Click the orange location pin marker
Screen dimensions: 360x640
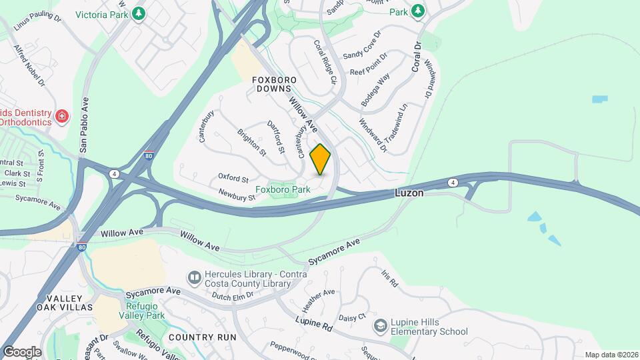(x=321, y=159)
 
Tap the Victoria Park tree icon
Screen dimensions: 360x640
(x=138, y=13)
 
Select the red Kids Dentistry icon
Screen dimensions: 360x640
(x=62, y=116)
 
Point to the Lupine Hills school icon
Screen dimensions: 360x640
(x=380, y=325)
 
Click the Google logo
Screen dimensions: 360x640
(x=22, y=352)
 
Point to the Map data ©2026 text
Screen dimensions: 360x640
(x=611, y=355)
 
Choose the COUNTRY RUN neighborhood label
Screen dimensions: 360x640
(x=202, y=337)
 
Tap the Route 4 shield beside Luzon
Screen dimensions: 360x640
(x=453, y=182)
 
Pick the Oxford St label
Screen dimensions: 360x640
(x=233, y=179)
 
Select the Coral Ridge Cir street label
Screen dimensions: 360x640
(x=327, y=61)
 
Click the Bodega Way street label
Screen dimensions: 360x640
(x=375, y=90)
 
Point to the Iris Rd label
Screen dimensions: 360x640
(x=389, y=279)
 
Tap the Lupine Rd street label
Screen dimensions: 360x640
(x=314, y=325)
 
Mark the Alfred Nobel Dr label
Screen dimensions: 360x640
(x=29, y=67)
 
